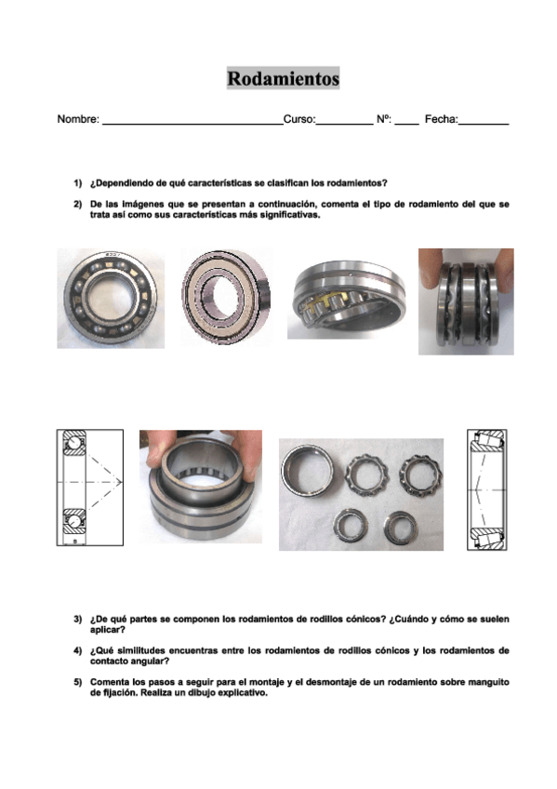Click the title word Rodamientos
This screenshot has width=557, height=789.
click(283, 78)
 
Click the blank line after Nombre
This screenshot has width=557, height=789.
click(192, 124)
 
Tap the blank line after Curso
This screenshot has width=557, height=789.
click(344, 124)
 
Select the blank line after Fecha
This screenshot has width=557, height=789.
click(484, 124)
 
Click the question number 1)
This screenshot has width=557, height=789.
click(78, 183)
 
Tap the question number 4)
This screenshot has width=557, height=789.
click(78, 650)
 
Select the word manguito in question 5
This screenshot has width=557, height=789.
click(488, 682)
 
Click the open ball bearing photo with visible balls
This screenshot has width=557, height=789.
click(111, 299)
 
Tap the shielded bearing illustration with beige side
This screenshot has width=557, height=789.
click(226, 297)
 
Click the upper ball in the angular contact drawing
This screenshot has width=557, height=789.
click(73, 443)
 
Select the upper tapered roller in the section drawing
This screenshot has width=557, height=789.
click(487, 440)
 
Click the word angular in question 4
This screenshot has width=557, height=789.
click(145, 662)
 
